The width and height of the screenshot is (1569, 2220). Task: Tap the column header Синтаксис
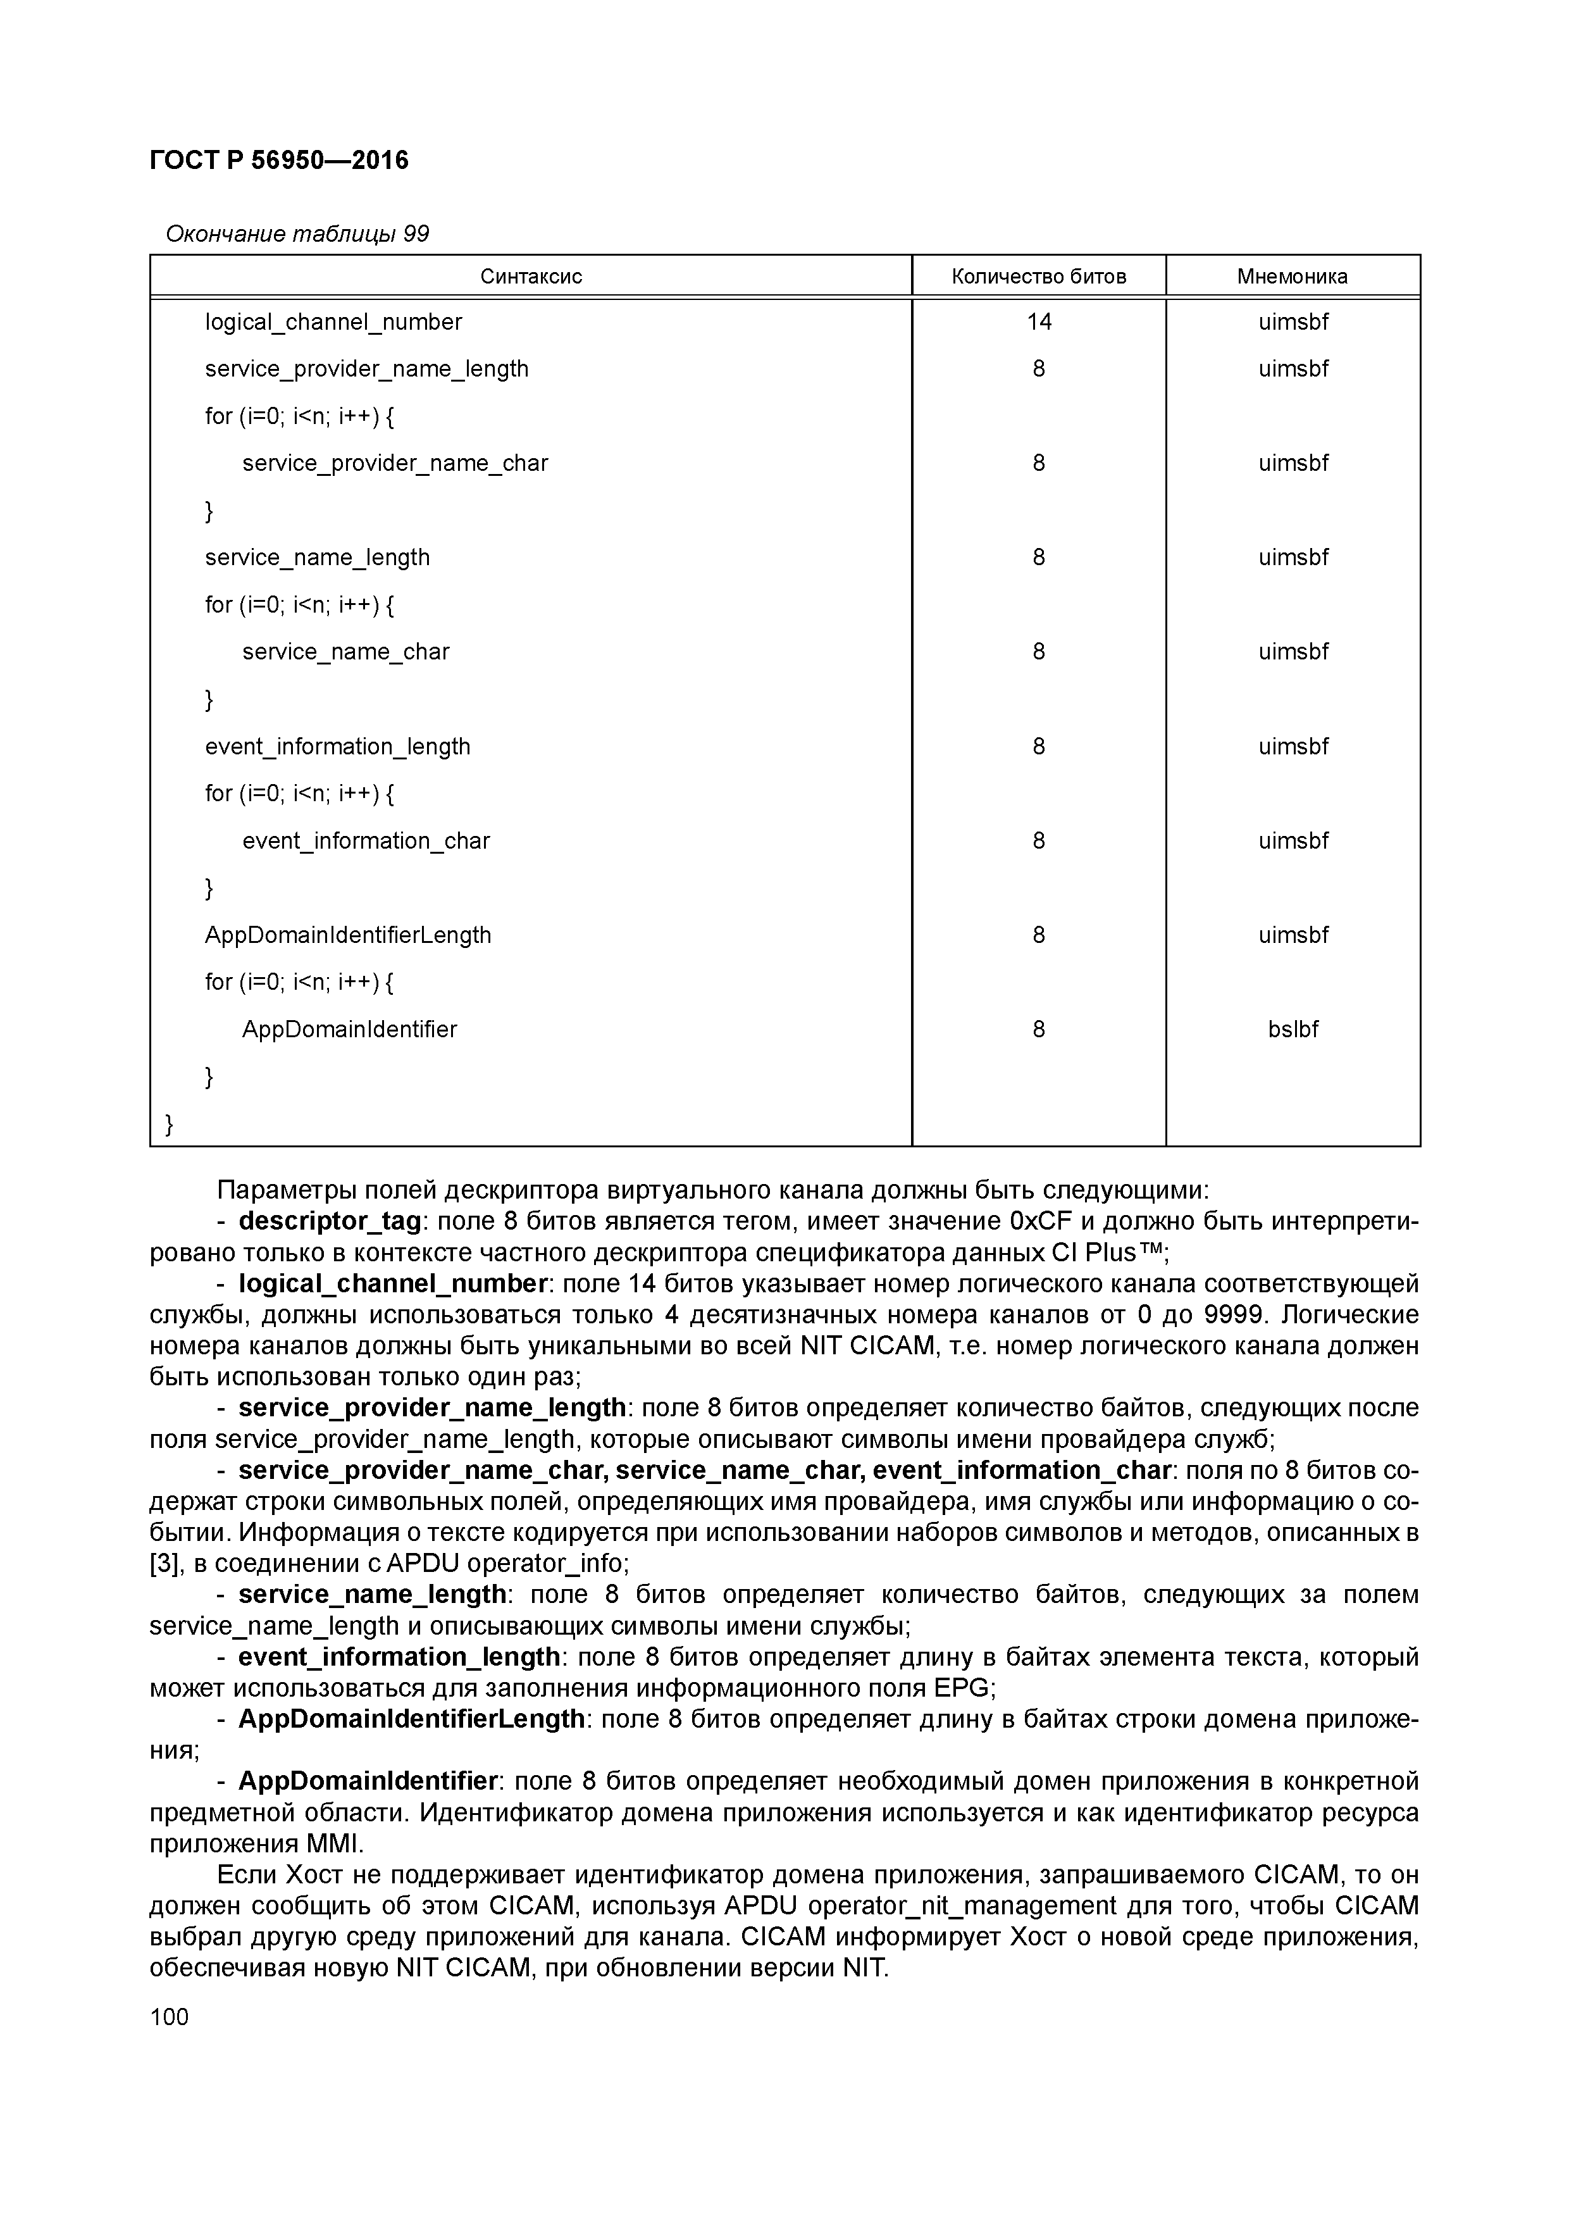click(x=531, y=277)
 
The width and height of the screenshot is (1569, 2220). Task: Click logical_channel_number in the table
click(x=333, y=322)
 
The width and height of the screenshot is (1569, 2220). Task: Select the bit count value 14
click(x=1038, y=322)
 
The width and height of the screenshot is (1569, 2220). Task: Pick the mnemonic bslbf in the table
click(x=1293, y=1030)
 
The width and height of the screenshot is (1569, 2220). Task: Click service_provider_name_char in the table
click(x=394, y=463)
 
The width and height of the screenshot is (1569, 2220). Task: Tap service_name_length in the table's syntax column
click(x=317, y=558)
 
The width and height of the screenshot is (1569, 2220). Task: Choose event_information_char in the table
click(x=366, y=841)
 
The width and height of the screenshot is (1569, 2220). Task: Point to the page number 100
click(x=170, y=2017)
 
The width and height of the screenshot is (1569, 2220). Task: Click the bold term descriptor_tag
click(x=330, y=1222)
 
